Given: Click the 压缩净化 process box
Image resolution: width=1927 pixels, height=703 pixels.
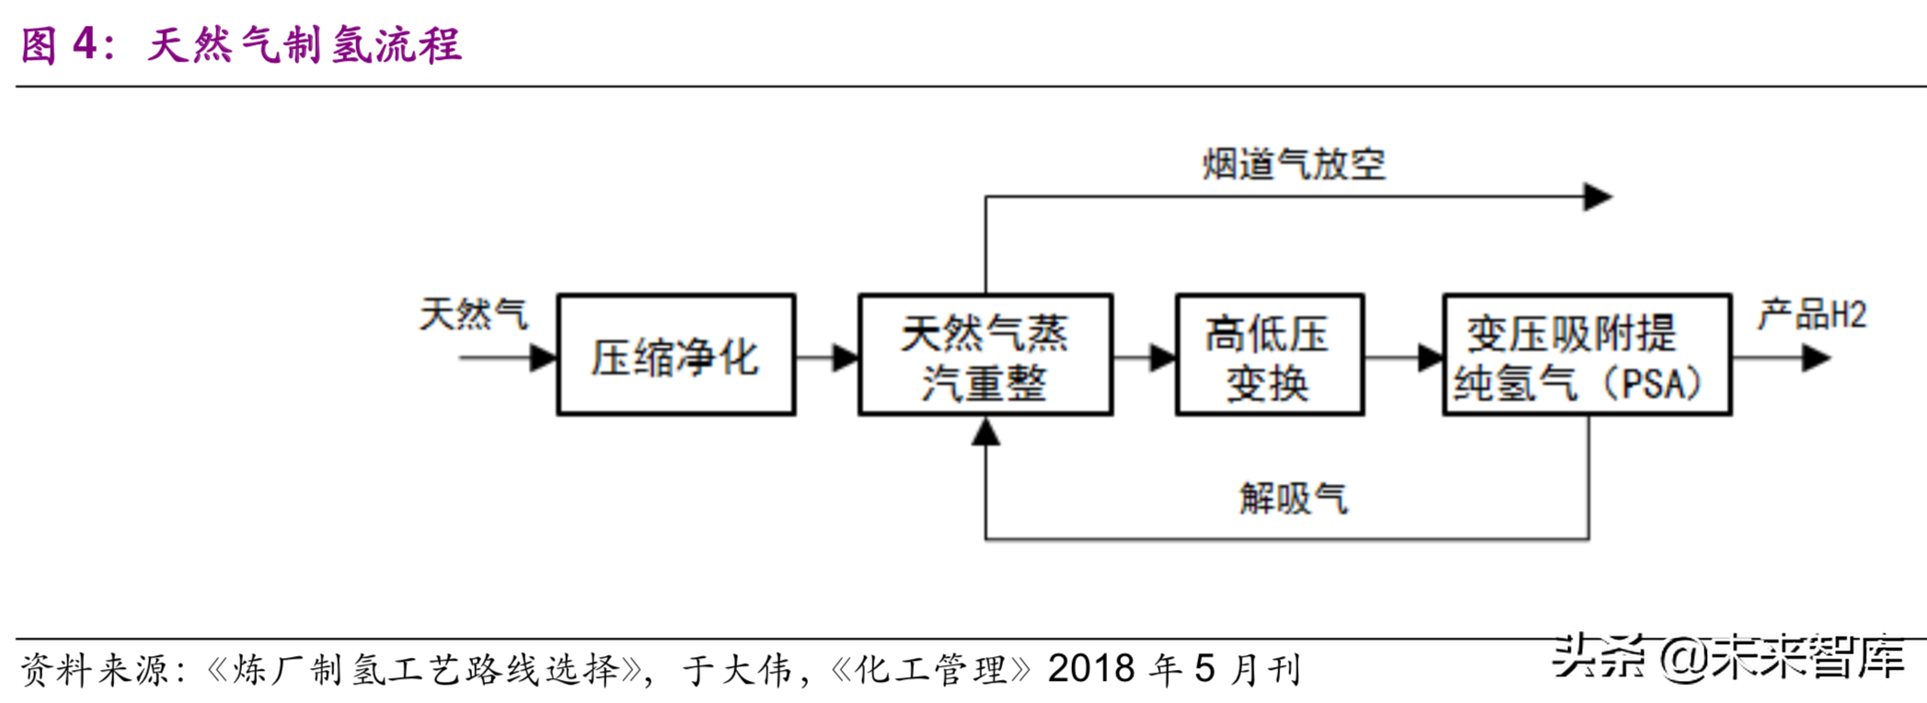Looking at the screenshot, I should click(x=675, y=356).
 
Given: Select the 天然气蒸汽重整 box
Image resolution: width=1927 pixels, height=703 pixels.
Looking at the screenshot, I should click(x=985, y=356).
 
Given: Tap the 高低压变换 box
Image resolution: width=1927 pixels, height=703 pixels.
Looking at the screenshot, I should click(x=1269, y=356).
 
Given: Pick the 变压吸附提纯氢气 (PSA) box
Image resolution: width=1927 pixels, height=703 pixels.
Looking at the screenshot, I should click(x=1586, y=356).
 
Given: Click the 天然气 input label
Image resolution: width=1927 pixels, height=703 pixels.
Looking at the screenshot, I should click(x=473, y=315).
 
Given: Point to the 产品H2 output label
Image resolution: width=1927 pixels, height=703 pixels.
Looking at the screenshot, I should click(x=1811, y=315).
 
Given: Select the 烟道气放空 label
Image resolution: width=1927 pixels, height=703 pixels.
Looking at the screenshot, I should click(x=1293, y=165).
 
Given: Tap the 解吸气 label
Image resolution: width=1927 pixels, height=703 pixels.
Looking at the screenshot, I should click(x=1293, y=499).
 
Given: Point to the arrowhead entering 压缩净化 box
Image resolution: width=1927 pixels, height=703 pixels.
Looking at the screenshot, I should click(x=544, y=358).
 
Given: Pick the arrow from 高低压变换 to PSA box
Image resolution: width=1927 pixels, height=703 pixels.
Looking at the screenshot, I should click(x=1404, y=358).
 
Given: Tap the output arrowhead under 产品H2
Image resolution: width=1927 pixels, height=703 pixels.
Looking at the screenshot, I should click(x=1815, y=358).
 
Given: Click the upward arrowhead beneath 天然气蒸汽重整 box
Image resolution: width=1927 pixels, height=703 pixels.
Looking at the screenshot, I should click(x=986, y=432).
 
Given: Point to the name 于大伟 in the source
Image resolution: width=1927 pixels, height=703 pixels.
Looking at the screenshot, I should click(x=737, y=671).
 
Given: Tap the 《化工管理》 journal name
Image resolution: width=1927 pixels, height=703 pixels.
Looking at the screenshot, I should click(x=930, y=671).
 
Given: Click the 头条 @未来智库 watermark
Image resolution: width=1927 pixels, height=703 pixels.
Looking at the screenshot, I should click(x=1728, y=658).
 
